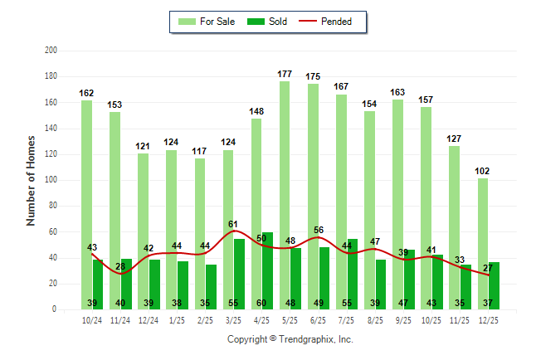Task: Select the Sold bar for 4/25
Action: (267, 265)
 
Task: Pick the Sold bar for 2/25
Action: (211, 282)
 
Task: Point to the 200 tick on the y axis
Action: (51, 51)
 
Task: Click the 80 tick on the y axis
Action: (52, 206)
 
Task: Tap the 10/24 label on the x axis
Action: (91, 319)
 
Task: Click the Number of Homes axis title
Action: (31, 180)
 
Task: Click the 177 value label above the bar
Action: (285, 75)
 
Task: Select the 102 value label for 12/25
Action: (483, 171)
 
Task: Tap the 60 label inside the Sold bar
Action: (261, 303)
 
